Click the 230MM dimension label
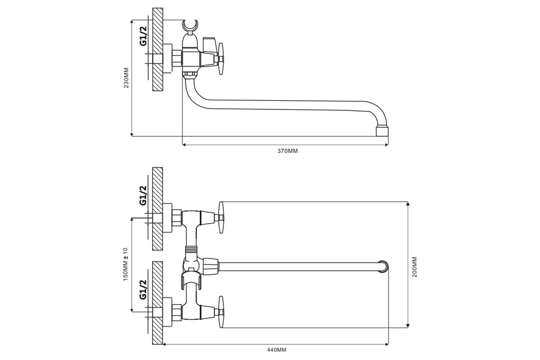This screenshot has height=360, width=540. pyautogui.click(x=126, y=78)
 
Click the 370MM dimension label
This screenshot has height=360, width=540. pyautogui.click(x=288, y=151)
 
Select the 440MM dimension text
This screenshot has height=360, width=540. pyautogui.click(x=276, y=350)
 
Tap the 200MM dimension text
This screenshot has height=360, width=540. pyautogui.click(x=414, y=267)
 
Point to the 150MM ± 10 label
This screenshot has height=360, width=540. pyautogui.click(x=126, y=264)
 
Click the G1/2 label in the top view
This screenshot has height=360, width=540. pyautogui.click(x=143, y=36)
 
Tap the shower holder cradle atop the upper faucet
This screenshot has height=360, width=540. pyautogui.click(x=190, y=26)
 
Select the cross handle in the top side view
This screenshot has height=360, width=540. pyautogui.click(x=220, y=59)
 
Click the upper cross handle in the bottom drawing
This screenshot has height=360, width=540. pyautogui.click(x=221, y=217)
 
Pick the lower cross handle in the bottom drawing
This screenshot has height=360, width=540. pyautogui.click(x=221, y=312)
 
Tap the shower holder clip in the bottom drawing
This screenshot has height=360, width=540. pyautogui.click(x=191, y=280)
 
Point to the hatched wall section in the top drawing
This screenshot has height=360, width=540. pyautogui.click(x=157, y=49)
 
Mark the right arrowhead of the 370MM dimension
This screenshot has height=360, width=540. pyautogui.click(x=387, y=145)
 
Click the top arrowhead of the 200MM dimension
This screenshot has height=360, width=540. pyautogui.click(x=408, y=204)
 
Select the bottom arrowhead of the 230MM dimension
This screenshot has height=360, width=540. pyautogui.click(x=131, y=134)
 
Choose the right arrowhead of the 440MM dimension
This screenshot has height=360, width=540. pyautogui.click(x=387, y=344)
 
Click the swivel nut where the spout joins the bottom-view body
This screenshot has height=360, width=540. pyautogui.click(x=211, y=267)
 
